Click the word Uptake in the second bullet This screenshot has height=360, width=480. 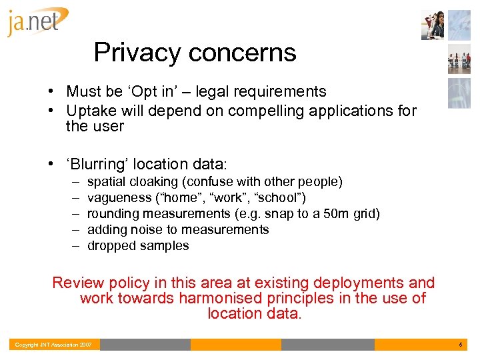coord(90,110)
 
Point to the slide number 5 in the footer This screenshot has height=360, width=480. coord(460,345)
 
